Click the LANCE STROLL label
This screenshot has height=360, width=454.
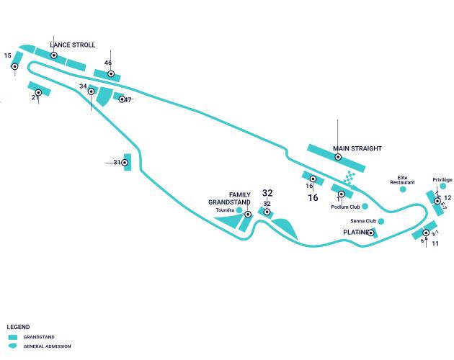coord(72,45)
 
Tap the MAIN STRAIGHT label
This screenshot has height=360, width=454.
coord(357,149)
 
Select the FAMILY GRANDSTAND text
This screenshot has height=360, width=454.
coord(229,199)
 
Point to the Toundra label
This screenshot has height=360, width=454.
coord(225,210)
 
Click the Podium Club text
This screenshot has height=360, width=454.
coord(345,207)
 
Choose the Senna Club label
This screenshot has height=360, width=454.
coord(363,221)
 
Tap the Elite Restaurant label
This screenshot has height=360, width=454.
coord(403,179)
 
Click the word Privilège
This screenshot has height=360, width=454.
coord(442,179)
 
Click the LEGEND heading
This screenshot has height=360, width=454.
coord(18,327)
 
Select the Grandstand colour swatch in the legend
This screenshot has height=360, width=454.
coord(12,337)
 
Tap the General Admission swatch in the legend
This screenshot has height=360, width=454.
coord(12,346)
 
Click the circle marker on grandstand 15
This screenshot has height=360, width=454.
coord(14,66)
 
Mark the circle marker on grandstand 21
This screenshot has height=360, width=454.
coord(38,92)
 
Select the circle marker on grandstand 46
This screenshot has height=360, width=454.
coord(111,73)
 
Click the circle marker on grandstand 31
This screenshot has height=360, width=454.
coord(125,163)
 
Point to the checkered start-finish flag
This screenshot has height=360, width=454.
coord(350,177)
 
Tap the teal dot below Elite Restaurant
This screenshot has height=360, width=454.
coord(403,189)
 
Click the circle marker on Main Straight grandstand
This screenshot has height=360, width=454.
coord(338,157)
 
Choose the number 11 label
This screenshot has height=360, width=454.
coord(435,244)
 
